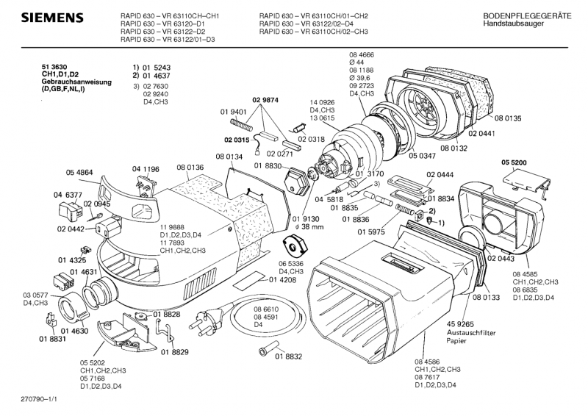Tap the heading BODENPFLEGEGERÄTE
tap(523, 15)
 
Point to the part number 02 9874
tap(267, 100)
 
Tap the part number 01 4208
tap(283, 280)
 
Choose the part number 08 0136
tap(189, 168)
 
